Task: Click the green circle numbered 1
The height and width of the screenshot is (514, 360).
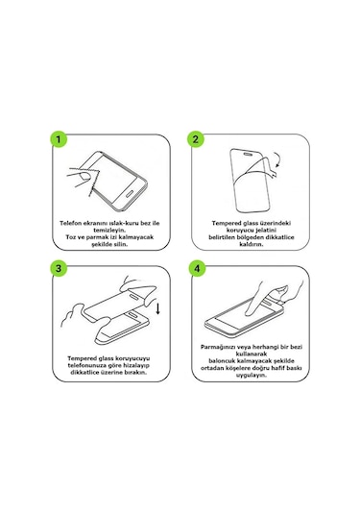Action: tap(59, 139)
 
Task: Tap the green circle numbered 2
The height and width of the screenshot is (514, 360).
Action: tap(196, 139)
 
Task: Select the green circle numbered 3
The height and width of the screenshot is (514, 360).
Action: tap(59, 268)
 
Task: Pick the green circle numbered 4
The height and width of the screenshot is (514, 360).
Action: tap(197, 268)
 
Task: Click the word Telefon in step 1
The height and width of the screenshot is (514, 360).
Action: tap(70, 223)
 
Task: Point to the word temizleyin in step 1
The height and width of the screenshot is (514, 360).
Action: tap(109, 231)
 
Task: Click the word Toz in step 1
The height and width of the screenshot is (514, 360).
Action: tap(71, 237)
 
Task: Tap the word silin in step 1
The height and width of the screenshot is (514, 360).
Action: tap(120, 244)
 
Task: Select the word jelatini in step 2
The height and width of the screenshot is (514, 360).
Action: tap(265, 231)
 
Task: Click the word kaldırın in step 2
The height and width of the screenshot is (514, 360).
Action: tap(252, 244)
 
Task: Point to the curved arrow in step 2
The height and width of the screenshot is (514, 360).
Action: tap(277, 159)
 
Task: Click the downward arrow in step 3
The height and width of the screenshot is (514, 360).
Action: tap(157, 308)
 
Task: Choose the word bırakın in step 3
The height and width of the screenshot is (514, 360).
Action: tap(135, 373)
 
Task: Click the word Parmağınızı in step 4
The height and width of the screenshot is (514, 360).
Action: tap(218, 347)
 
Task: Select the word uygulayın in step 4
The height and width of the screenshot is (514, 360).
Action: tap(252, 375)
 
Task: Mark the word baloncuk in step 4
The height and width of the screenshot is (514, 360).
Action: tap(223, 361)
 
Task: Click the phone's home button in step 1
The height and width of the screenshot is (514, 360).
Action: tap(130, 193)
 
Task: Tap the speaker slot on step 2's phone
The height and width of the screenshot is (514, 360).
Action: tap(249, 153)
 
